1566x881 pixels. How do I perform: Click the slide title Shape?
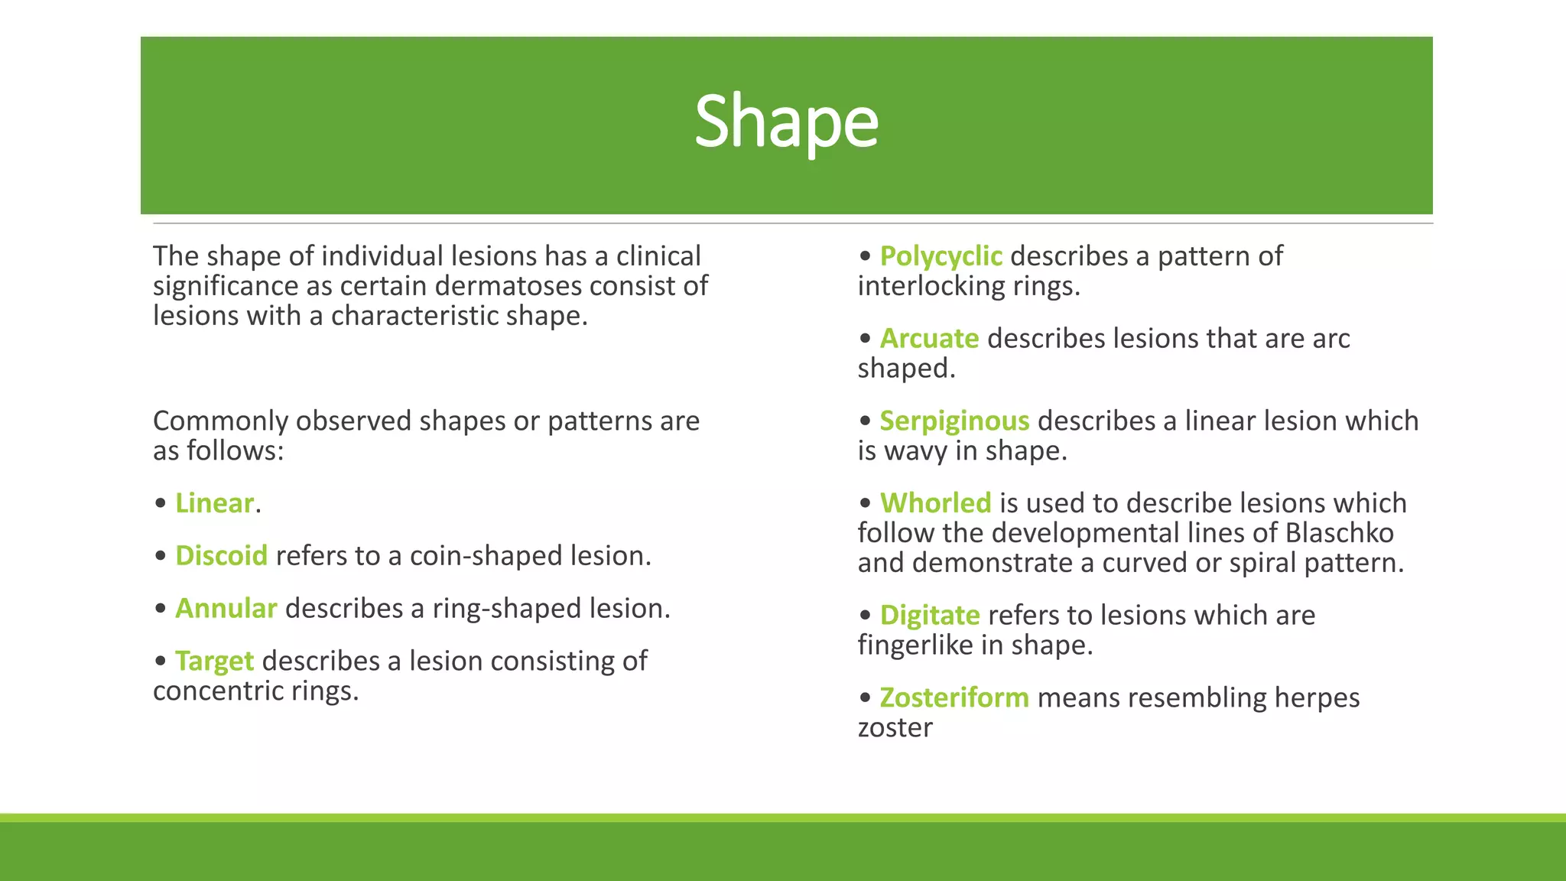click(786, 122)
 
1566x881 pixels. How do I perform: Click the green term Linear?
click(214, 503)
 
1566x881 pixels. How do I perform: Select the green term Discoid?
click(221, 556)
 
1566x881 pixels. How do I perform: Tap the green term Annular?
click(226, 609)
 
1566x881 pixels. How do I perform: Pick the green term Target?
click(214, 662)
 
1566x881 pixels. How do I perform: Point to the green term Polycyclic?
click(941, 256)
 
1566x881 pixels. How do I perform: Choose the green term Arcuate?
click(929, 339)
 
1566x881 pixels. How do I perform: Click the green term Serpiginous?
click(954, 421)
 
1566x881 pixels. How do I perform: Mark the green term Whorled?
click(935, 503)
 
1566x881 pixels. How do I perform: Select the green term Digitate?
click(930, 616)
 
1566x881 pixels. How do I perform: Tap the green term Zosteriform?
click(954, 698)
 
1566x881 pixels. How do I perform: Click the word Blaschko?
click(1339, 533)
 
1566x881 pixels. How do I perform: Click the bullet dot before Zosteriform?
click(865, 698)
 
